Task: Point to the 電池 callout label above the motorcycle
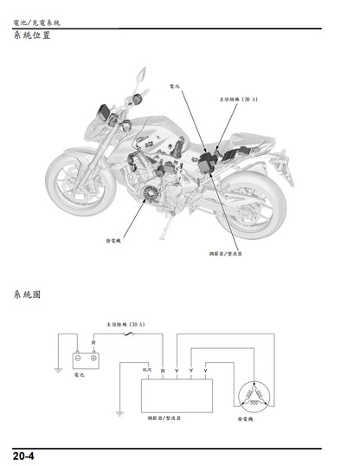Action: click(177, 88)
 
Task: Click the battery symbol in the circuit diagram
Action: click(85, 358)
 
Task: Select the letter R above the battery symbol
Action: click(93, 343)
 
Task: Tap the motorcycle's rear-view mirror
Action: click(137, 78)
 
